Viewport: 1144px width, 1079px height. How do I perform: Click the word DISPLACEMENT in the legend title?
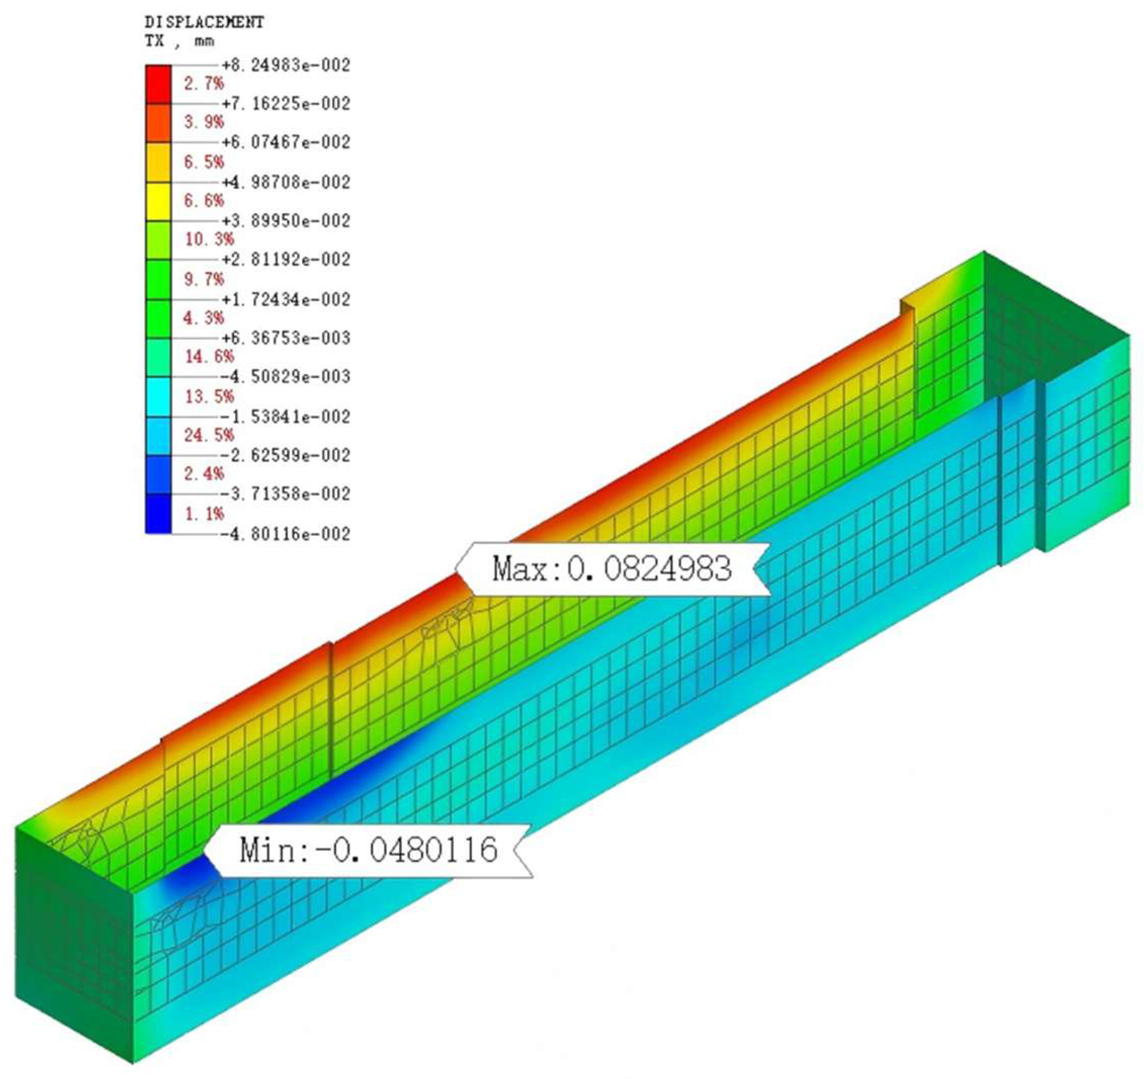tap(204, 23)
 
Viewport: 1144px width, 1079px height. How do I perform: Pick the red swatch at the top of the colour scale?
tap(158, 84)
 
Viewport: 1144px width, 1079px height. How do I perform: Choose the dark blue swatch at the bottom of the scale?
tap(158, 513)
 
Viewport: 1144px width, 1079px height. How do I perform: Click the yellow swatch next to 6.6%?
tap(158, 202)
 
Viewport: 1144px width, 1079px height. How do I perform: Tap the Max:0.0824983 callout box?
tap(613, 569)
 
